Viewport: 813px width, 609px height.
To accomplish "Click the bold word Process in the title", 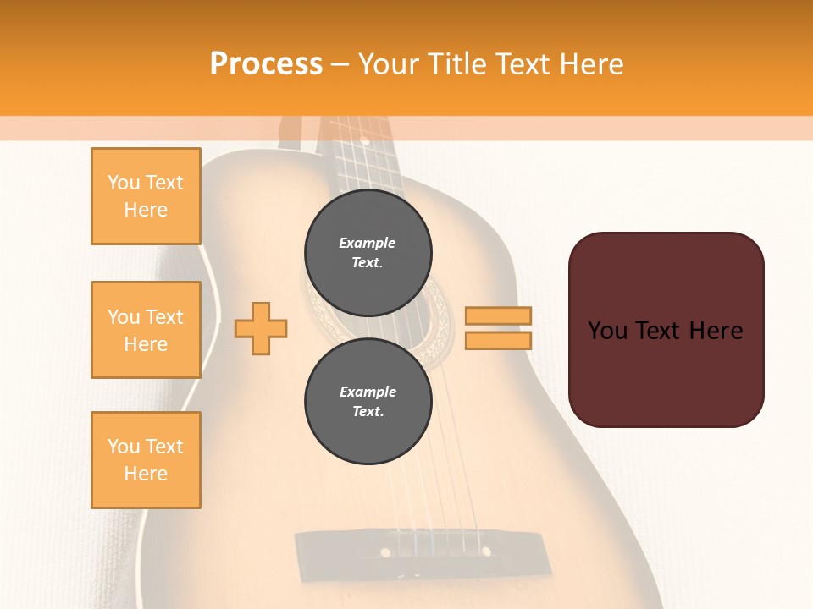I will coord(266,64).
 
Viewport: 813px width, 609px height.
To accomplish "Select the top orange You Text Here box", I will coord(146,196).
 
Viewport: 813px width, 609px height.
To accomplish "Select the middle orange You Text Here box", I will coord(146,330).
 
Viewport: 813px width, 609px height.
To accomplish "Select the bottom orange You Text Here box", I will coord(146,460).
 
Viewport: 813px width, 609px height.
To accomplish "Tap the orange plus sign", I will coord(261,327).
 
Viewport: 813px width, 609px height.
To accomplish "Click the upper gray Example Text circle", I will coord(368,253).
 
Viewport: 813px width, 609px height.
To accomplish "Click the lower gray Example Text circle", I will coord(368,402).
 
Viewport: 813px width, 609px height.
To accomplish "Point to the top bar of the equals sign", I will coord(498,315).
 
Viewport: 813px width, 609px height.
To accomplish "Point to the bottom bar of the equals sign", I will coord(498,340).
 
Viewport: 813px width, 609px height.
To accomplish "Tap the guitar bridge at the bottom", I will coord(419,549).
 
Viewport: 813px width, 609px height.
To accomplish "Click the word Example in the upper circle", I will coord(368,243).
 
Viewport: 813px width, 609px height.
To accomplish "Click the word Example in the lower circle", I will coord(368,392).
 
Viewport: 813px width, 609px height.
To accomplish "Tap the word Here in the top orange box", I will coord(146,210).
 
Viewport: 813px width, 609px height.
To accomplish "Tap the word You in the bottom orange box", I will coord(124,447).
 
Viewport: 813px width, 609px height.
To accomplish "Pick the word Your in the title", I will coord(390,64).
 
